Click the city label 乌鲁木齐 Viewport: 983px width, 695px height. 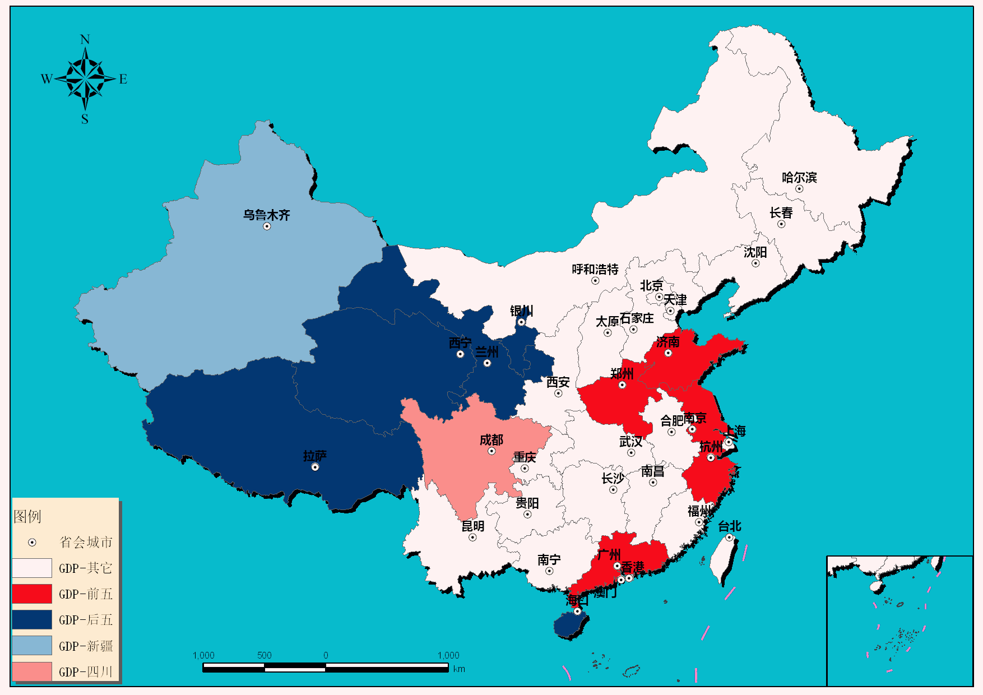click(x=266, y=215)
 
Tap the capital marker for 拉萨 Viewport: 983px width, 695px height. click(x=315, y=467)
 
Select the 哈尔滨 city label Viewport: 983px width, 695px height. click(x=799, y=178)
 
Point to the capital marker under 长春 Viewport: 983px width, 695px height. click(x=781, y=224)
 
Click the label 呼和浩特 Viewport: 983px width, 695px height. click(x=595, y=270)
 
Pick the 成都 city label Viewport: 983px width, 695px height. click(x=491, y=440)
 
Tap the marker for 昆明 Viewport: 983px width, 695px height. click(x=472, y=538)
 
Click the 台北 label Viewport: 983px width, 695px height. click(x=729, y=526)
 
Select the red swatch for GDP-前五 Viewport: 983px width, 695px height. click(x=32, y=594)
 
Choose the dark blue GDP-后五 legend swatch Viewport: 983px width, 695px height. click(x=32, y=619)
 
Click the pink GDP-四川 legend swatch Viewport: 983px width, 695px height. click(x=32, y=671)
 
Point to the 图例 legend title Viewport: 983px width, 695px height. click(x=27, y=516)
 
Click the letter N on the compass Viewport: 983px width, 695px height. click(x=85, y=39)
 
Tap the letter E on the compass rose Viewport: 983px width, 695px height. click(x=123, y=79)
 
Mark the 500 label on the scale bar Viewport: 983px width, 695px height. click(x=264, y=655)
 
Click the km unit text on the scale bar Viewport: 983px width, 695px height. click(x=459, y=669)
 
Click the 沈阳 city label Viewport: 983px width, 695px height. click(x=755, y=252)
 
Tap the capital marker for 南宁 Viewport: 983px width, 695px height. click(x=549, y=571)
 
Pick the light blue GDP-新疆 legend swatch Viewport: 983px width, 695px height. click(x=32, y=646)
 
